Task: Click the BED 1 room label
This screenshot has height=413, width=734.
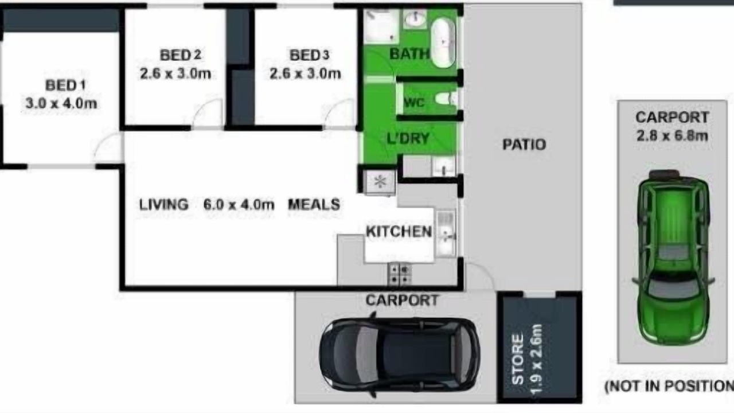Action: pyautogui.click(x=65, y=85)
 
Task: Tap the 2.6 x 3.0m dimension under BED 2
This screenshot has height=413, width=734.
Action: pyautogui.click(x=175, y=73)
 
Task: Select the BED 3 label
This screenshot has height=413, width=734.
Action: pyautogui.click(x=309, y=55)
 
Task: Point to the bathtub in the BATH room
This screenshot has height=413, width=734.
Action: pyautogui.click(x=443, y=42)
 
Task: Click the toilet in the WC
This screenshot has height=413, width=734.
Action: pyautogui.click(x=446, y=99)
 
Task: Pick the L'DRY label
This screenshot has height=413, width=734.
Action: pyautogui.click(x=408, y=138)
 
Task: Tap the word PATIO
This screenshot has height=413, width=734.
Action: pyautogui.click(x=524, y=145)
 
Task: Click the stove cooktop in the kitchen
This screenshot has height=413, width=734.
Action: pyautogui.click(x=400, y=274)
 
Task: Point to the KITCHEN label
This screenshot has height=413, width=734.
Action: pyautogui.click(x=399, y=232)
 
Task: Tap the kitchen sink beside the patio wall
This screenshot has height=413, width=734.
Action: pyautogui.click(x=446, y=233)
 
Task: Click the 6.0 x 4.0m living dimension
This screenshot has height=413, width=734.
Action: pyautogui.click(x=239, y=205)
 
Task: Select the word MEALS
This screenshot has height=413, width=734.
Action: pyautogui.click(x=314, y=205)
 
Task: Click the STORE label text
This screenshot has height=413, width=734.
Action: pyautogui.click(x=517, y=359)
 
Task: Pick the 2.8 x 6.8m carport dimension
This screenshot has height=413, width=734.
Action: pyautogui.click(x=673, y=136)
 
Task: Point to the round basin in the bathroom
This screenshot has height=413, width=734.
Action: pyautogui.click(x=415, y=19)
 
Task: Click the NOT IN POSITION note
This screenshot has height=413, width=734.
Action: pyautogui.click(x=669, y=387)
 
